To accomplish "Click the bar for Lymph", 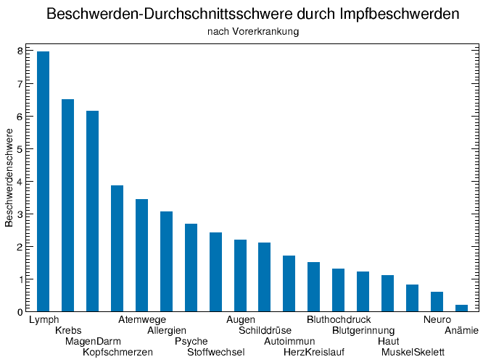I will point(44,182).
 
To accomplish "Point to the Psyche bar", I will point(191,268).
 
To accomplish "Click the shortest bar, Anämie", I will point(461,308).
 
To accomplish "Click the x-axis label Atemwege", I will point(142,319).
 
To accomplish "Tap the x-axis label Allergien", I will point(167,330).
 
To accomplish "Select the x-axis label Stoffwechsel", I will point(216,352).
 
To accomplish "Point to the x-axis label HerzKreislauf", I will point(314,352).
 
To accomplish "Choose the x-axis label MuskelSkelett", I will point(413,352).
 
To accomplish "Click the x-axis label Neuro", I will point(437,319).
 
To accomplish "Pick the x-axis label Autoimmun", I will point(289,341).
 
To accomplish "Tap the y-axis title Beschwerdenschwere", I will point(9,178).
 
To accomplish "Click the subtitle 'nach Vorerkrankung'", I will point(253,32).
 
